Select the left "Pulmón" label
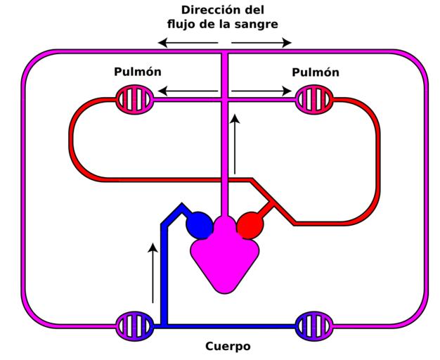[x=138, y=72]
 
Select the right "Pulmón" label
[x=316, y=72]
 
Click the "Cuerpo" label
[x=228, y=346]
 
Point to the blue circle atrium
[x=199, y=225]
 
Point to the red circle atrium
[x=249, y=225]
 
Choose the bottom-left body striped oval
[x=134, y=326]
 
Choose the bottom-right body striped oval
[x=313, y=326]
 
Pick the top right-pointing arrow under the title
[x=261, y=44]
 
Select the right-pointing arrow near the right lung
[x=261, y=90]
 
